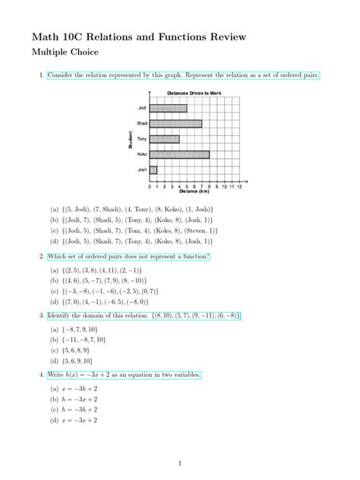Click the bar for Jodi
click(x=168, y=108)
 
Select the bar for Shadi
click(x=175, y=123)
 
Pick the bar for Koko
click(x=179, y=154)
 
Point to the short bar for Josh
click(x=153, y=169)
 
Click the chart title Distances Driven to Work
click(x=194, y=93)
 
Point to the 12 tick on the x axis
click(x=239, y=185)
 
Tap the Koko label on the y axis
click(x=141, y=154)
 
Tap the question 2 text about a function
click(x=128, y=257)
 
